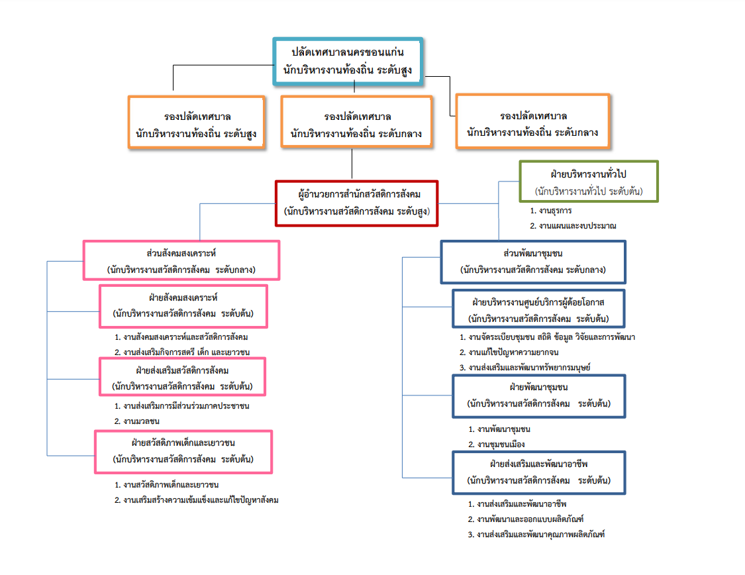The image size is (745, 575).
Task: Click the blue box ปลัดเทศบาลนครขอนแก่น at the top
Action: [x=348, y=62]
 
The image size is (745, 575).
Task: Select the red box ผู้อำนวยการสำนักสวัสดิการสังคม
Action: [x=356, y=203]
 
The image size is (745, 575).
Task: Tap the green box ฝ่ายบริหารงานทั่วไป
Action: [x=589, y=182]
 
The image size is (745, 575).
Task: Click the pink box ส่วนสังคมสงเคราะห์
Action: [x=181, y=260]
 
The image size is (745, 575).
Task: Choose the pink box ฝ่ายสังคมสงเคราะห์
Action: [x=183, y=306]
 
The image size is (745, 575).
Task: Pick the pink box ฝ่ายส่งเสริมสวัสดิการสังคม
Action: [x=183, y=377]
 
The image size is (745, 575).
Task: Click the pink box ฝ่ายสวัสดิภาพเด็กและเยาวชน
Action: [x=183, y=452]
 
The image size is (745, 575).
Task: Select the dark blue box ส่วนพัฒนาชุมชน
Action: [x=533, y=262]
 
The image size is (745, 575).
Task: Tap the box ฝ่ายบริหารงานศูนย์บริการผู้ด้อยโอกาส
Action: [x=538, y=309]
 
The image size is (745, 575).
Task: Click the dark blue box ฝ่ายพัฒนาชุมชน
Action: [x=539, y=396]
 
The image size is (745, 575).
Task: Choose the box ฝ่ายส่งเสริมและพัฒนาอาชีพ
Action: [x=539, y=473]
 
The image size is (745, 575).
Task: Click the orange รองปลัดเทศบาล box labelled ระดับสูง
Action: [x=196, y=123]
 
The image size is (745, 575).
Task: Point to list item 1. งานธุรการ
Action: [x=551, y=211]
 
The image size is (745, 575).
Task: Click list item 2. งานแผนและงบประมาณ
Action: [x=573, y=226]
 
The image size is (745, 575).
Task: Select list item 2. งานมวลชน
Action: [x=137, y=421]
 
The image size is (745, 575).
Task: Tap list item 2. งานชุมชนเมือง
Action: [x=497, y=444]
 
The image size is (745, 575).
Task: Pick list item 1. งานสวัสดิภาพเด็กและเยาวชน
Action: [x=166, y=485]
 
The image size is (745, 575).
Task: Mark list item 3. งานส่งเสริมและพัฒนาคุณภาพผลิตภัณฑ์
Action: [x=536, y=534]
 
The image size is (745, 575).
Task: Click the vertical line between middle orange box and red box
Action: [x=352, y=164]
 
